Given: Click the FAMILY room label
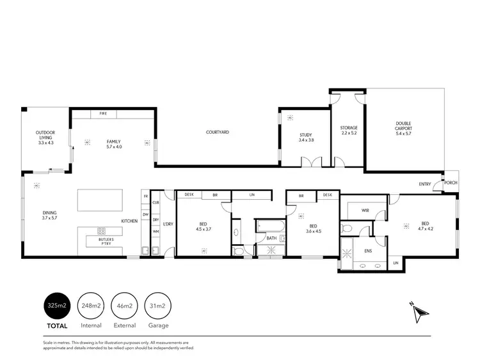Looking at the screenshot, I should pyautogui.click(x=113, y=144).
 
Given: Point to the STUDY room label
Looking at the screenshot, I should pyautogui.click(x=306, y=137).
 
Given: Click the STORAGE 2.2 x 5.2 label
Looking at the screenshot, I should pyautogui.click(x=349, y=131).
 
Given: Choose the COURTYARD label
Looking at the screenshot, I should pyautogui.click(x=218, y=132).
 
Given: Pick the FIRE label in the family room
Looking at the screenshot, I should pyautogui.click(x=103, y=114).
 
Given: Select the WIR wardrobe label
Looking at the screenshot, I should pyautogui.click(x=365, y=209).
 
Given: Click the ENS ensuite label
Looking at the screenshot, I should pyautogui.click(x=367, y=251).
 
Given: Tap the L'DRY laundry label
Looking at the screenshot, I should pyautogui.click(x=168, y=224).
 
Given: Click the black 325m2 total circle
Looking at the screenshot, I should pyautogui.click(x=56, y=306).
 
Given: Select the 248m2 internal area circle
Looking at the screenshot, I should pyautogui.click(x=90, y=306).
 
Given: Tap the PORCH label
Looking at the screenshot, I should pyautogui.click(x=451, y=183).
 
